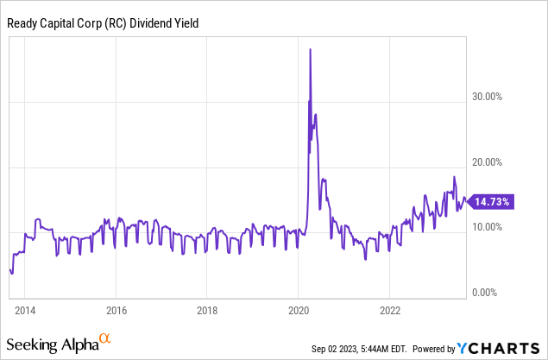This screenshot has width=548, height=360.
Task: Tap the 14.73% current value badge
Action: point(493,201)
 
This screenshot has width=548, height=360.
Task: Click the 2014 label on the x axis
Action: point(25,309)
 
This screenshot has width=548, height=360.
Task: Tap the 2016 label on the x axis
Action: point(117,309)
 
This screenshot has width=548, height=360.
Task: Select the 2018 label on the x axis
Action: point(207,309)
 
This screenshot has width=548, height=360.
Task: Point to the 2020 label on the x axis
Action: point(299,309)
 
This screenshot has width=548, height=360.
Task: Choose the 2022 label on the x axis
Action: point(390,309)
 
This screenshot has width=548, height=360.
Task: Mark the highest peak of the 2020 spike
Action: point(310,49)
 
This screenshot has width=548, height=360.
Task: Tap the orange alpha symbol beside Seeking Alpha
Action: point(105,339)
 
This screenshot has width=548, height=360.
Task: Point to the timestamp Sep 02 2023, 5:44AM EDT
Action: point(362,349)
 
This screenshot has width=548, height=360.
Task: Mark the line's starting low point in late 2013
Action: point(11,274)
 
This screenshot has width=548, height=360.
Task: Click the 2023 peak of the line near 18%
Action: point(454,177)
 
